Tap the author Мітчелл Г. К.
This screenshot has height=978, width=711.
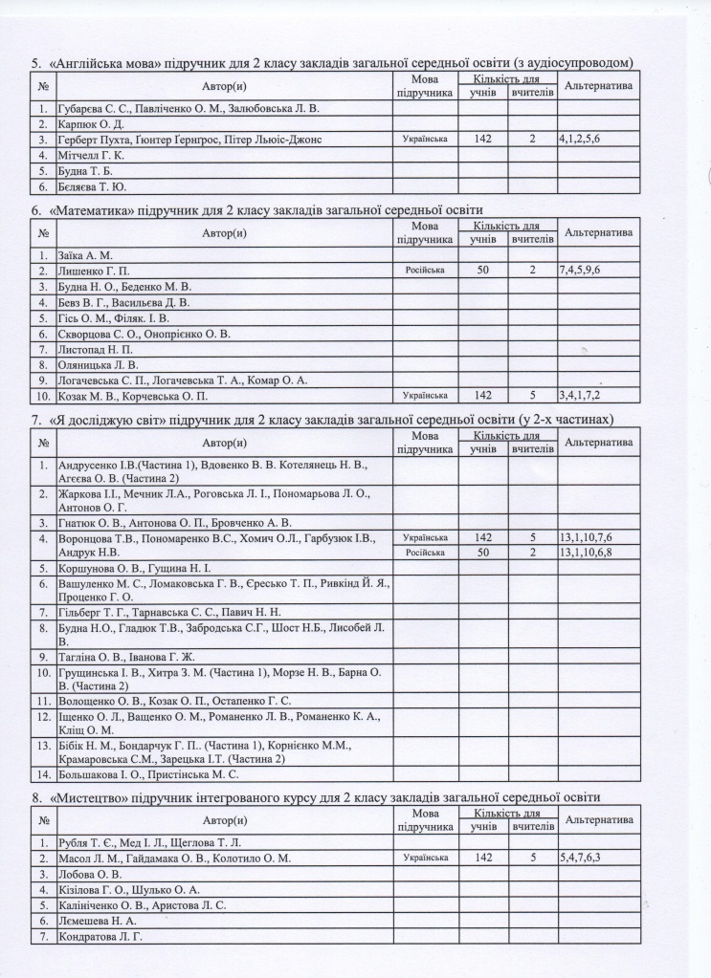(x=93, y=155)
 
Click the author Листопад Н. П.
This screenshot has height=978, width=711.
(x=97, y=349)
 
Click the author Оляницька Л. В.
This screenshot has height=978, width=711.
(x=99, y=364)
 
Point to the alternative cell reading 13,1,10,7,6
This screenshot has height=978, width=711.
(x=586, y=538)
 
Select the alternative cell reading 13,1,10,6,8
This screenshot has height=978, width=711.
(x=586, y=553)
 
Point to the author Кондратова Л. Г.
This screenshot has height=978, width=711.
(x=102, y=936)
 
